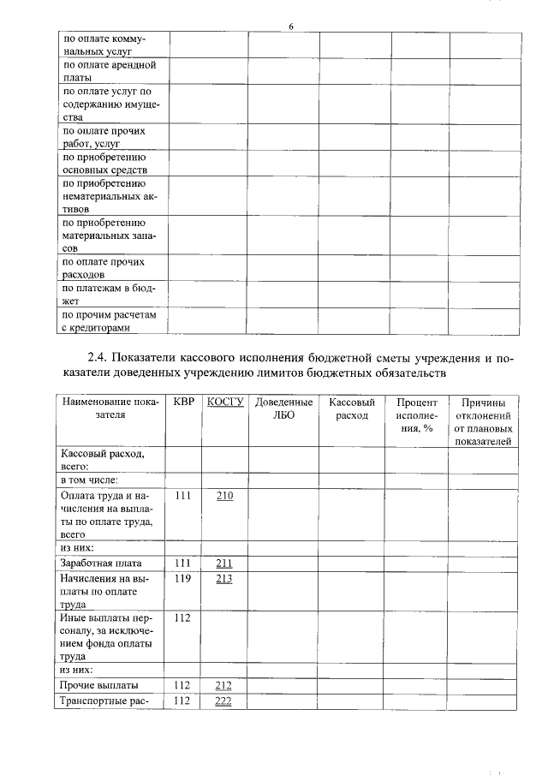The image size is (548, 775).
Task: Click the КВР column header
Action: coord(183,402)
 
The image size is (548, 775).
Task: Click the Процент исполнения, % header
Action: coord(416,415)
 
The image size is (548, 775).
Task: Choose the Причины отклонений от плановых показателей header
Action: coord(483,421)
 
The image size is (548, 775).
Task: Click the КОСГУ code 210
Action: coord(225,495)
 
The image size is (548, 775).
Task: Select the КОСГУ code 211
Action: coord(225,563)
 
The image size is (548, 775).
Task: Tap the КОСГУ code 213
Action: coord(225,578)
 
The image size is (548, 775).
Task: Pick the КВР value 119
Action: coord(182,578)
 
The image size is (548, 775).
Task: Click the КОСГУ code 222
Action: coord(225,700)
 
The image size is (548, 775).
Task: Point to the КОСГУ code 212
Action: coord(225,685)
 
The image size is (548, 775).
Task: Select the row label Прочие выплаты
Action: coord(98,685)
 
